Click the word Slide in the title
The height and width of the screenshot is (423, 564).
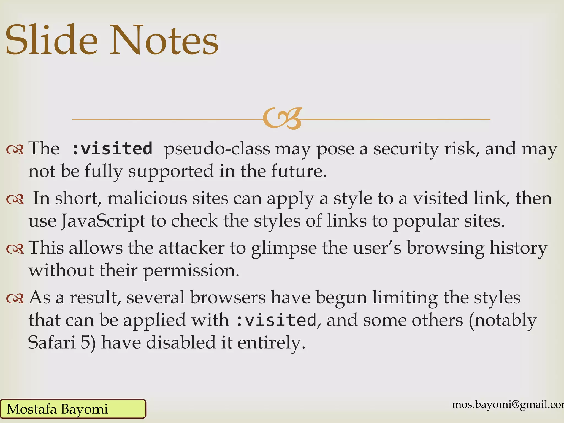click(x=52, y=40)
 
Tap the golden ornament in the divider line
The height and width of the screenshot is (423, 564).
click(x=282, y=118)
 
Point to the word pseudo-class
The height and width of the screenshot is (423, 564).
click(x=217, y=149)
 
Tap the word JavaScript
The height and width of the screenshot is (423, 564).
click(x=103, y=221)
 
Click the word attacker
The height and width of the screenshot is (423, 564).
click(x=192, y=248)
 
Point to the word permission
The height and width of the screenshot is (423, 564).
click(x=191, y=271)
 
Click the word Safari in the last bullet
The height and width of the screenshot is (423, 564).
click(x=52, y=343)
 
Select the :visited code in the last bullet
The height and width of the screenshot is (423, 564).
click(x=276, y=320)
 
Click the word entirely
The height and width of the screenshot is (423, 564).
click(x=271, y=343)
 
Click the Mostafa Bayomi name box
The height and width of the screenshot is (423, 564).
click(x=73, y=409)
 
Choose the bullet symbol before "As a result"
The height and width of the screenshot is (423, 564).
click(x=15, y=299)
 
